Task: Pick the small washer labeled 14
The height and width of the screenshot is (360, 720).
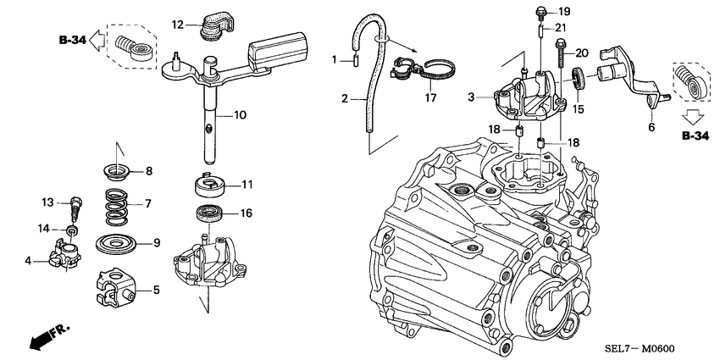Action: click(73, 230)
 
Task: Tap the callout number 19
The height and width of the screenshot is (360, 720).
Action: click(564, 11)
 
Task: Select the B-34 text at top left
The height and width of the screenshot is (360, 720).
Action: click(74, 39)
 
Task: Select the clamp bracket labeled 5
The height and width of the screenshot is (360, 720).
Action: click(116, 286)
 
